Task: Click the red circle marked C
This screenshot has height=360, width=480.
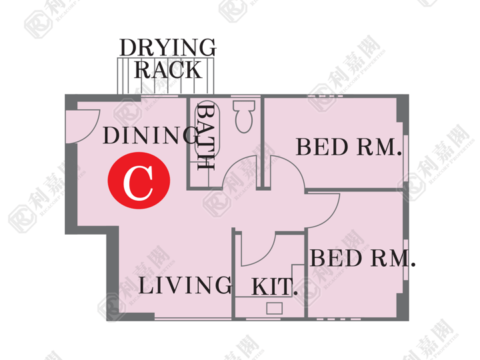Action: (139, 180)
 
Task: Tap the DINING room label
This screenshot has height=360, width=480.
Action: (151, 135)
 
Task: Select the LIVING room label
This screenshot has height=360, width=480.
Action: (185, 285)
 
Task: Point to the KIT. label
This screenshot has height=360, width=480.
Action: (274, 287)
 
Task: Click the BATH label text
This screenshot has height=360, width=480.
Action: (205, 136)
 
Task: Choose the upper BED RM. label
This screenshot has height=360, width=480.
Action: (349, 147)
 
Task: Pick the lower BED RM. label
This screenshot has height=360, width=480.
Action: (363, 258)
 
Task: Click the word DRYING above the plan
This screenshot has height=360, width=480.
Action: (168, 47)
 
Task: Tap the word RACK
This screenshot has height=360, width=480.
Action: (168, 70)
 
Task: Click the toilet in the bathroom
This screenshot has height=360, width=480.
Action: (244, 116)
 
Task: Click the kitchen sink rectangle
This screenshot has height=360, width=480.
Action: (274, 308)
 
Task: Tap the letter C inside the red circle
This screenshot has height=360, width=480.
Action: (138, 183)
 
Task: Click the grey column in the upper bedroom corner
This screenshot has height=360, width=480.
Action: (402, 109)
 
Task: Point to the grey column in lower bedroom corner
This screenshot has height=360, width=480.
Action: (403, 307)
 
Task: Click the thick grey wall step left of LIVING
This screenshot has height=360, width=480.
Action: (113, 273)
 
